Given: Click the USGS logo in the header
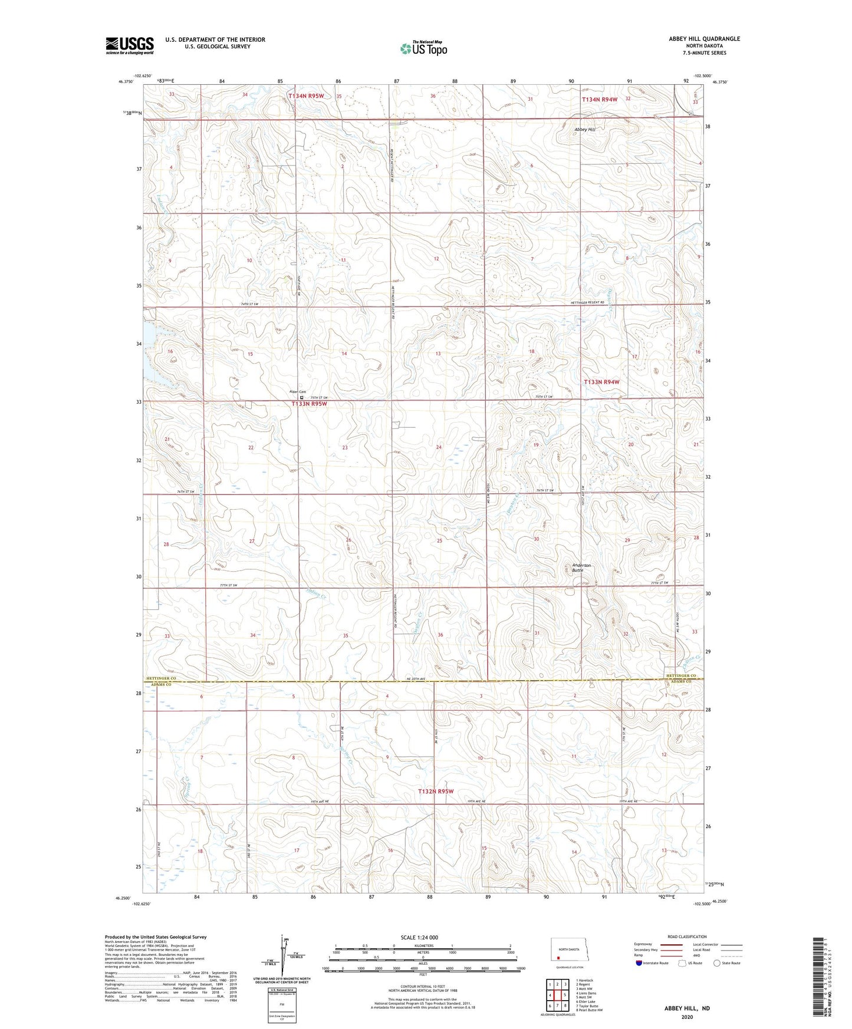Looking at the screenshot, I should pyautogui.click(x=129, y=45).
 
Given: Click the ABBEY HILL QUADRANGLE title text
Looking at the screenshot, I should pyautogui.click(x=704, y=39).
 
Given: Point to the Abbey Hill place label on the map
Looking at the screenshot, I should pyautogui.click(x=585, y=130).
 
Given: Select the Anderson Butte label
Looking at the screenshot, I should pyautogui.click(x=581, y=568).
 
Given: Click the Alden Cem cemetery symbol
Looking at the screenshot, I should pyautogui.click(x=302, y=397).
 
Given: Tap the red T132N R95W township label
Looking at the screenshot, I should pyautogui.click(x=436, y=791).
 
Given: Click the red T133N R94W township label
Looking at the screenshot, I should pyautogui.click(x=601, y=382).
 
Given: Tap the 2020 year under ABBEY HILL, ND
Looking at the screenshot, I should pyautogui.click(x=687, y=1017).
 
